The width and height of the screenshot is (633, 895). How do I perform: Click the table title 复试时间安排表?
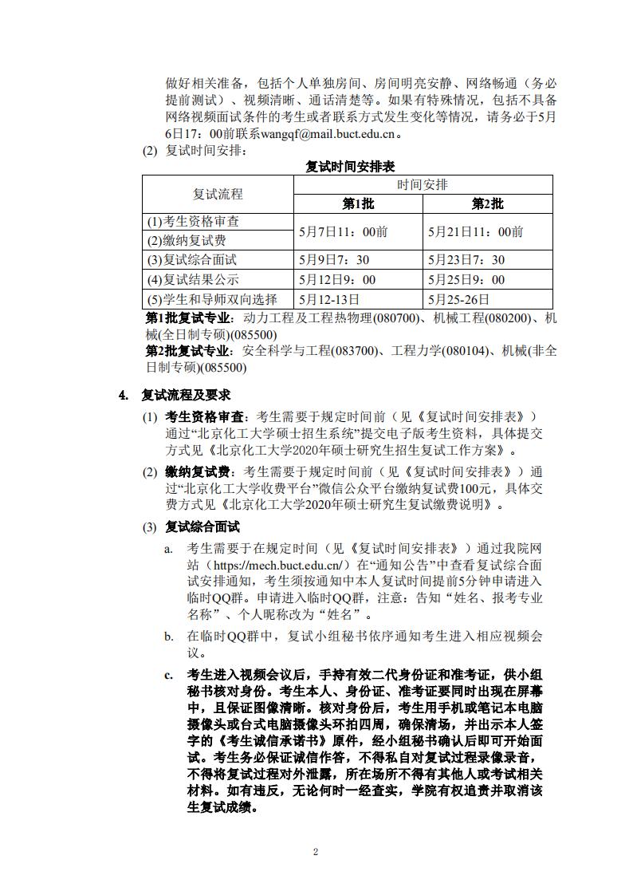point(350,167)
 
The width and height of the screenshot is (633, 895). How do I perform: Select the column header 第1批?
point(358,203)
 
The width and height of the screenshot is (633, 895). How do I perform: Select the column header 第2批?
point(487,203)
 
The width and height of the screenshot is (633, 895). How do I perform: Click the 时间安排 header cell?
point(423,184)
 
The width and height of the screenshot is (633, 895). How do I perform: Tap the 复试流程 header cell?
point(218,194)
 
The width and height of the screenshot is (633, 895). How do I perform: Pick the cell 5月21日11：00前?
point(476,231)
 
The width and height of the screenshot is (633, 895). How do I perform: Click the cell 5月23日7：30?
point(466,260)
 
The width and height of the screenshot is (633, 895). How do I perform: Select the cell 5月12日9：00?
point(337,280)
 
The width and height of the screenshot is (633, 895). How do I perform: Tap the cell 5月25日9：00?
point(466,280)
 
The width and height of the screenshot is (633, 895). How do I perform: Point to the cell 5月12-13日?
point(329,299)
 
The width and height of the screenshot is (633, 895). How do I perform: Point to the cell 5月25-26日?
point(458,299)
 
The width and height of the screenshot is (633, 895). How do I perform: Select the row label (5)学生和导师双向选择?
point(211,299)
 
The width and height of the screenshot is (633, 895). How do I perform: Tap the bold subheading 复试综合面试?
point(202,526)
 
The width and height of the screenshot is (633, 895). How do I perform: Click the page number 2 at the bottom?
point(316,852)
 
